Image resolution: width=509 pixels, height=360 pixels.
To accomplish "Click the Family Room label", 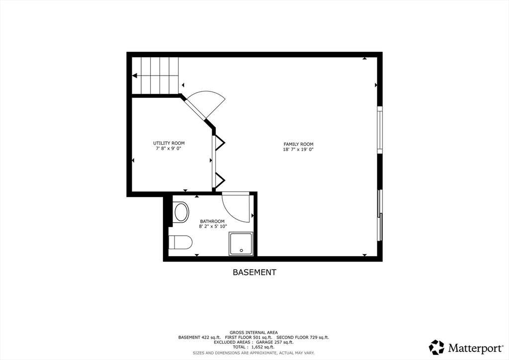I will click(x=298, y=144).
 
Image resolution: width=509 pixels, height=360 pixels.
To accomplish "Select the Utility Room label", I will click(x=169, y=143).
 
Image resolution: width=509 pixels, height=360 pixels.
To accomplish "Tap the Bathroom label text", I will click(x=212, y=221).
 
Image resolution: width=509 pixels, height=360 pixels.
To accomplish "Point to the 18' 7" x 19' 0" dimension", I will click(x=298, y=149).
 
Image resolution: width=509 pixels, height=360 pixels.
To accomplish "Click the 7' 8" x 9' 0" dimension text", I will click(x=169, y=148).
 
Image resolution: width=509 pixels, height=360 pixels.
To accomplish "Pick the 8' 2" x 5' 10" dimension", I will click(x=213, y=226).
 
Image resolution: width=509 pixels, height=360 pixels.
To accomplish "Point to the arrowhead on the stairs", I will click(x=135, y=76).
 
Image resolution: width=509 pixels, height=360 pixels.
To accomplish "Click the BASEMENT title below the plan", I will click(x=254, y=272).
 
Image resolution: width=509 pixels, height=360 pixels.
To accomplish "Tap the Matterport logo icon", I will click(x=436, y=347).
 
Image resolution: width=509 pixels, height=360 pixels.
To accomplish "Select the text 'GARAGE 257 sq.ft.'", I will click(x=274, y=342).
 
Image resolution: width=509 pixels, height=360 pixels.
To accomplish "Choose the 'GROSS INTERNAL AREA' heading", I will click(x=254, y=332).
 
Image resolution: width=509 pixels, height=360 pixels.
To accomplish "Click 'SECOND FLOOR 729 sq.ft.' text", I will click(x=303, y=337).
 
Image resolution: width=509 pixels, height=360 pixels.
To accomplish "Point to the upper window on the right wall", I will click(x=379, y=130).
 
